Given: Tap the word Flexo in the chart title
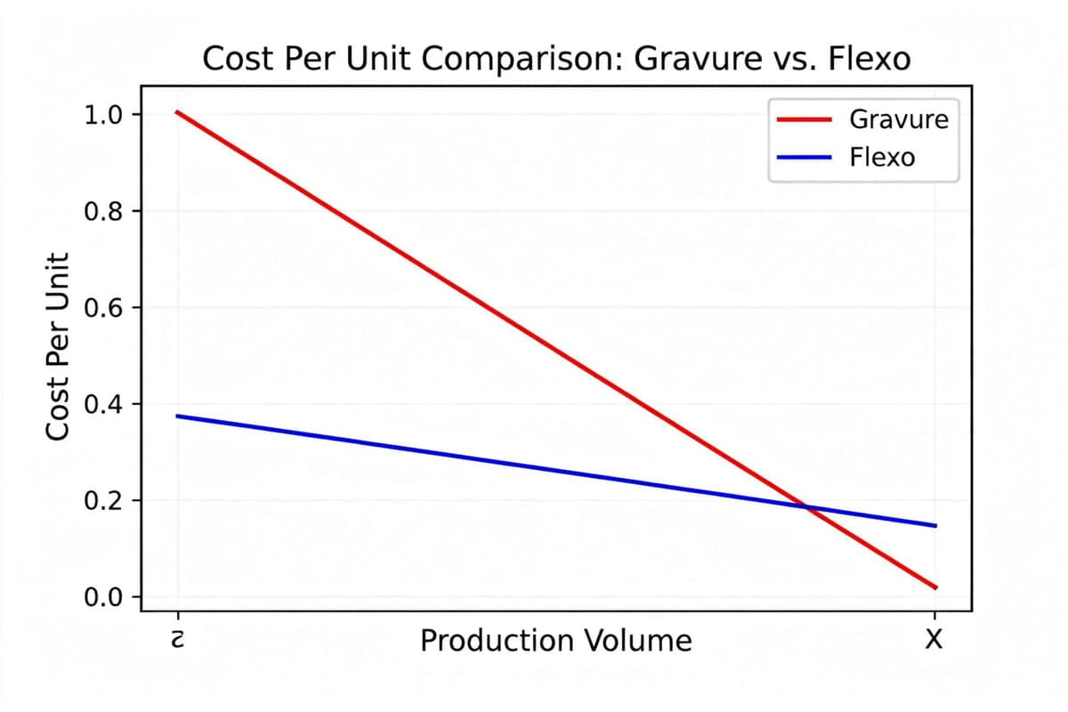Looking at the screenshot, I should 869,60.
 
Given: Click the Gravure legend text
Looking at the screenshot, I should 899,118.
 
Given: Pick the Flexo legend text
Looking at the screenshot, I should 882,158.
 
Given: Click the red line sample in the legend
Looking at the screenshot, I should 804,118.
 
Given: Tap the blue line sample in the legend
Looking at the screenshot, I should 804,158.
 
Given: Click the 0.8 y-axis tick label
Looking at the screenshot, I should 105,211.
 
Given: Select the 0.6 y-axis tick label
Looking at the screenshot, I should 105,307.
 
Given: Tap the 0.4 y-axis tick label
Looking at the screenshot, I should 105,404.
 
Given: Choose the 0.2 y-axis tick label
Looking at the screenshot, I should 105,500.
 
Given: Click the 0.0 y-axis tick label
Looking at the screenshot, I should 105,596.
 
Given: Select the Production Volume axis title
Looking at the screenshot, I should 555,641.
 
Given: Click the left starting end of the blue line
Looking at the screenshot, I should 177,416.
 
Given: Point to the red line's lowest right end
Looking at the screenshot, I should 935,587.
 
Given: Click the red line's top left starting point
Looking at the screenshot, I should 177,111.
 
